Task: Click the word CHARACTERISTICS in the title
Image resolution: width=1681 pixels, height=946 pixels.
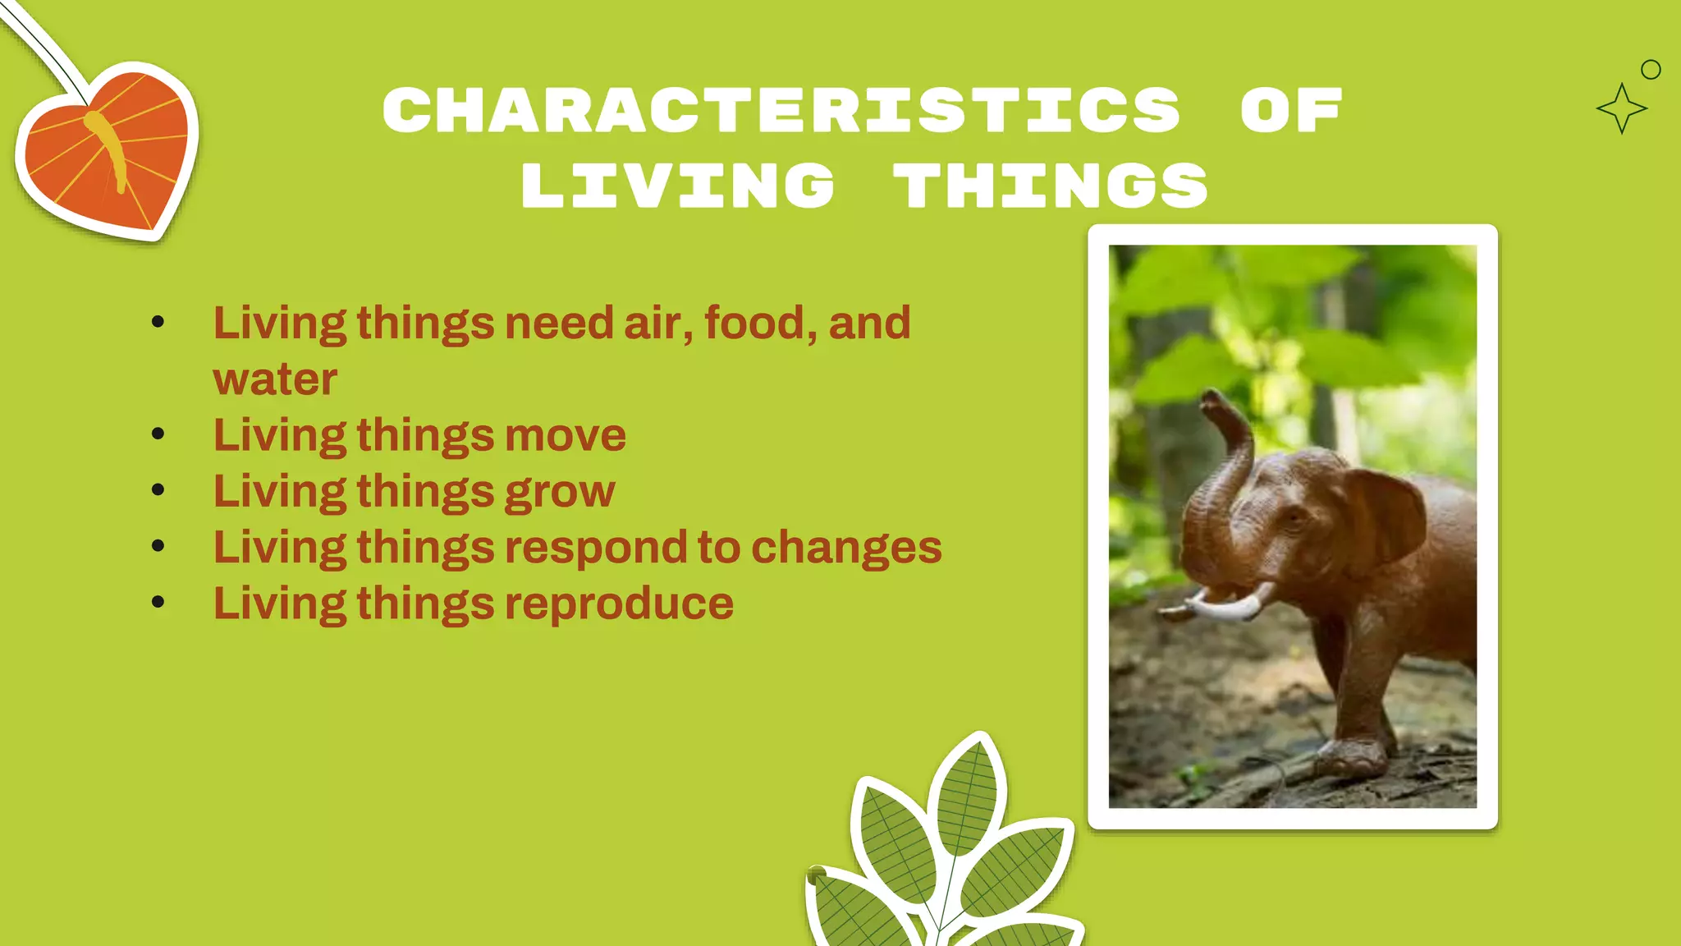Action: tap(781, 110)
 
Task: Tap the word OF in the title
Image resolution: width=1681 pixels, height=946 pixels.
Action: tap(1291, 110)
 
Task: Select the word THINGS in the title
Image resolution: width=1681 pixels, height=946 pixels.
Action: tap(1051, 186)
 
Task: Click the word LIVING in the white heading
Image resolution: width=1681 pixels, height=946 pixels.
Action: tap(678, 186)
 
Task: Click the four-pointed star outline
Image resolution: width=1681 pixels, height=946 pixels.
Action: tap(1621, 108)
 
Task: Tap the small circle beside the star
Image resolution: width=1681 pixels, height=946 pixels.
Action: tap(1651, 70)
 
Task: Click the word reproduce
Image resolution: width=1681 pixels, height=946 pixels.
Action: tap(619, 604)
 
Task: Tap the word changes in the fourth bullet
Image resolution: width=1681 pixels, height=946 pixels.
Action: tap(846, 548)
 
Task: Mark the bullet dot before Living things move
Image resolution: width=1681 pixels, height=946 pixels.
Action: tap(158, 434)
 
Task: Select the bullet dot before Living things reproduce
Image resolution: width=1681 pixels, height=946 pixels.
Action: tap(158, 603)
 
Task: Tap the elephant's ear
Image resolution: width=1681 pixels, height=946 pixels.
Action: tap(1387, 517)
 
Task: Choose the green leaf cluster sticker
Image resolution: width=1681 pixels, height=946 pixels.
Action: tap(944, 854)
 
